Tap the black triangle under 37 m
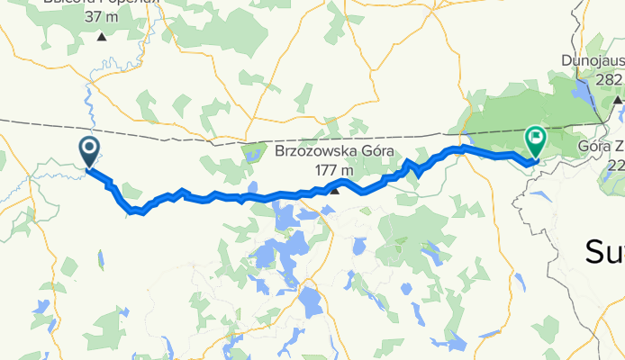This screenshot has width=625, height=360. coord(101,37)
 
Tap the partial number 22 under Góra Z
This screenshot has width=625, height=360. coord(615,165)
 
